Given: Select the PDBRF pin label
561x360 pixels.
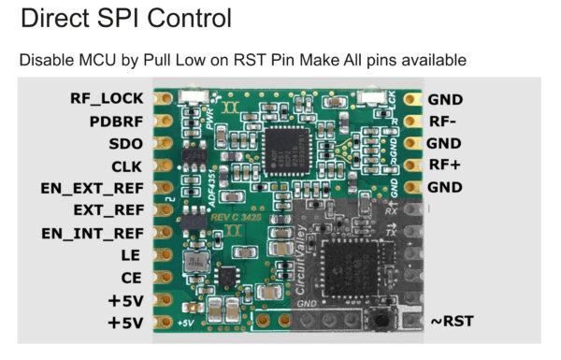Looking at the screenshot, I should click(x=117, y=121).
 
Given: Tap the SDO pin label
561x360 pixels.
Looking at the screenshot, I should click(x=126, y=144).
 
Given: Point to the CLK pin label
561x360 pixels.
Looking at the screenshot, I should click(x=126, y=166).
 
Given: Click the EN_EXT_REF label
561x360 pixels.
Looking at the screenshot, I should click(x=93, y=189).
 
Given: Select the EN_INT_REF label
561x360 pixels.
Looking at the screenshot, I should click(x=93, y=233).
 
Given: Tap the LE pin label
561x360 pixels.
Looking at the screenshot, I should click(x=132, y=255).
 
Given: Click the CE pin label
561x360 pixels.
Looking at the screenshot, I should click(x=131, y=278).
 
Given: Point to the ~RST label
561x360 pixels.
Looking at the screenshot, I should click(x=452, y=322).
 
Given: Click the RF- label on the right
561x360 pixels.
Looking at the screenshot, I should click(x=441, y=121).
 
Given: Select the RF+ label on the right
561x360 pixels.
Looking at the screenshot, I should click(x=443, y=166).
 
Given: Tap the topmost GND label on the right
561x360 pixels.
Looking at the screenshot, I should click(x=445, y=98).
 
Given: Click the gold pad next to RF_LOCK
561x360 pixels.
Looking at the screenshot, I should click(x=162, y=97).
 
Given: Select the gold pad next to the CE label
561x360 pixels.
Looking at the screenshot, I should click(x=162, y=278).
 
